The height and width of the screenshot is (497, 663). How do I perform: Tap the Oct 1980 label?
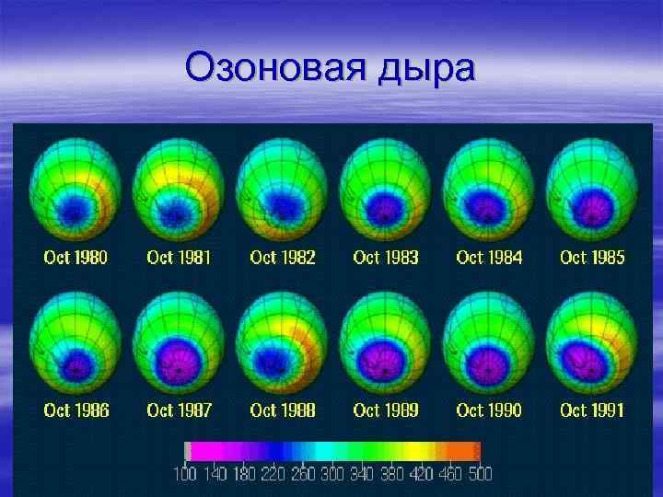coord(76,258)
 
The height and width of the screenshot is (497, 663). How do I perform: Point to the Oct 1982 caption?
coord(282,258)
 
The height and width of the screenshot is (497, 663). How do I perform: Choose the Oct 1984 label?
coord(489,258)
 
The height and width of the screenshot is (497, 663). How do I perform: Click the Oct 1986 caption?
coord(76,410)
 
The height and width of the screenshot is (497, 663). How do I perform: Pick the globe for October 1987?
coord(179,343)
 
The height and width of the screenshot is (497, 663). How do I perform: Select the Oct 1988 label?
coord(282,410)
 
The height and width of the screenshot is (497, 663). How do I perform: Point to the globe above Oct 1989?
coord(386,343)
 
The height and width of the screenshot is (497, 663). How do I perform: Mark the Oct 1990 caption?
coord(489,410)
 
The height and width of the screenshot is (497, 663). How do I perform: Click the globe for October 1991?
coord(592,343)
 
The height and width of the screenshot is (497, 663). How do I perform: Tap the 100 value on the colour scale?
coord(185,474)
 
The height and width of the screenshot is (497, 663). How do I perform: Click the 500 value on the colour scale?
coord(480,474)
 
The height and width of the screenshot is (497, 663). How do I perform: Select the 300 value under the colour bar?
coord(332,474)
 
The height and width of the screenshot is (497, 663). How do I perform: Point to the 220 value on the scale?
coord(273,474)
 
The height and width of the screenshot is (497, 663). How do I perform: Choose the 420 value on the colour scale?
coord(421,474)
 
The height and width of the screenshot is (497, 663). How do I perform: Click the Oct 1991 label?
coord(592,410)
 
